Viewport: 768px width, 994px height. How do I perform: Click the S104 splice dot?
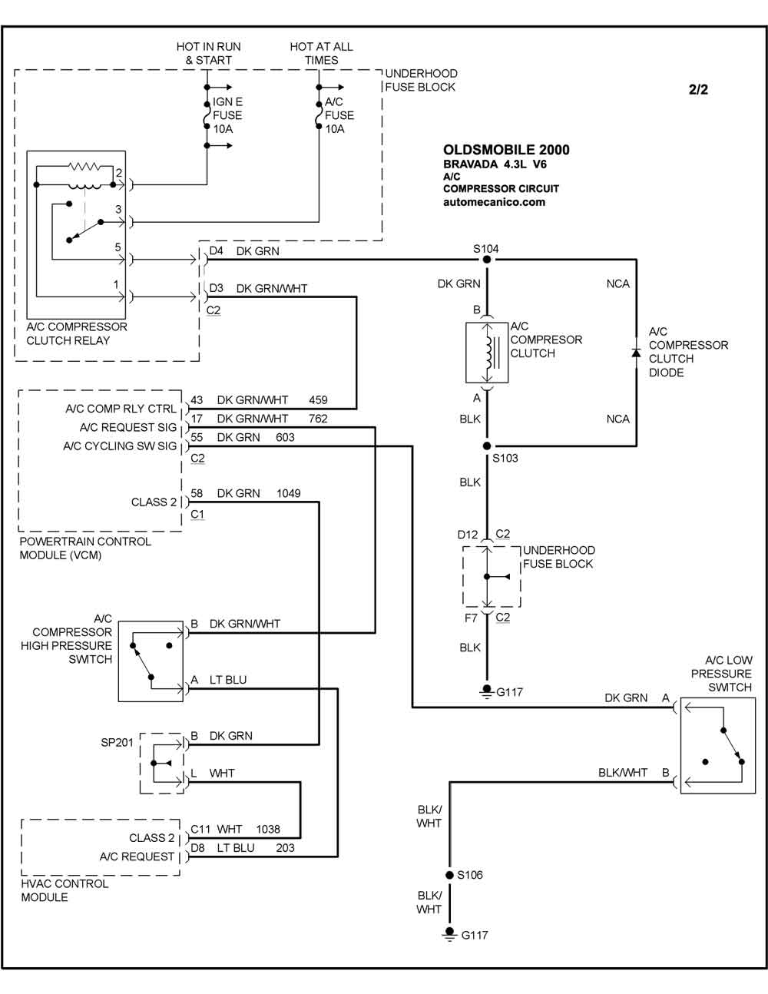(487, 260)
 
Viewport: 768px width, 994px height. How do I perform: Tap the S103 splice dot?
(487, 446)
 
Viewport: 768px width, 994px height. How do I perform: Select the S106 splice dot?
(449, 875)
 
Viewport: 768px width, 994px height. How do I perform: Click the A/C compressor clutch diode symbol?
(636, 353)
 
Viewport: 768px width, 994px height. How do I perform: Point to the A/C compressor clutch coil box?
(487, 353)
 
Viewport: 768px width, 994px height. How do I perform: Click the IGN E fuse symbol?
(207, 115)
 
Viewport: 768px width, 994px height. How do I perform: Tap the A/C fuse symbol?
(319, 115)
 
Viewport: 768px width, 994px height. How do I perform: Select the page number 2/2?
(698, 89)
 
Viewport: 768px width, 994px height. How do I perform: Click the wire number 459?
(318, 399)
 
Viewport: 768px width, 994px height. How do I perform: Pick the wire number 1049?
(289, 493)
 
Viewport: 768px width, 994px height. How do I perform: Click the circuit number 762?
(318, 419)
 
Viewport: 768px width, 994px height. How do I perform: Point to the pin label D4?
(217, 250)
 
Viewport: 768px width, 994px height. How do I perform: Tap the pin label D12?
(468, 535)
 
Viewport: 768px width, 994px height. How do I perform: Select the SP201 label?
(117, 742)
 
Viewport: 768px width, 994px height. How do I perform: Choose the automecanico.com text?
(494, 202)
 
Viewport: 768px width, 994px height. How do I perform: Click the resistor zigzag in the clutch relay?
(84, 166)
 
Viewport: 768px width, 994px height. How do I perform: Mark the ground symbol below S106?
(449, 934)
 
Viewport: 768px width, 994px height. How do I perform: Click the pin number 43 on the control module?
(197, 399)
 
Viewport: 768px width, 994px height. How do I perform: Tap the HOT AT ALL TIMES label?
(321, 53)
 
